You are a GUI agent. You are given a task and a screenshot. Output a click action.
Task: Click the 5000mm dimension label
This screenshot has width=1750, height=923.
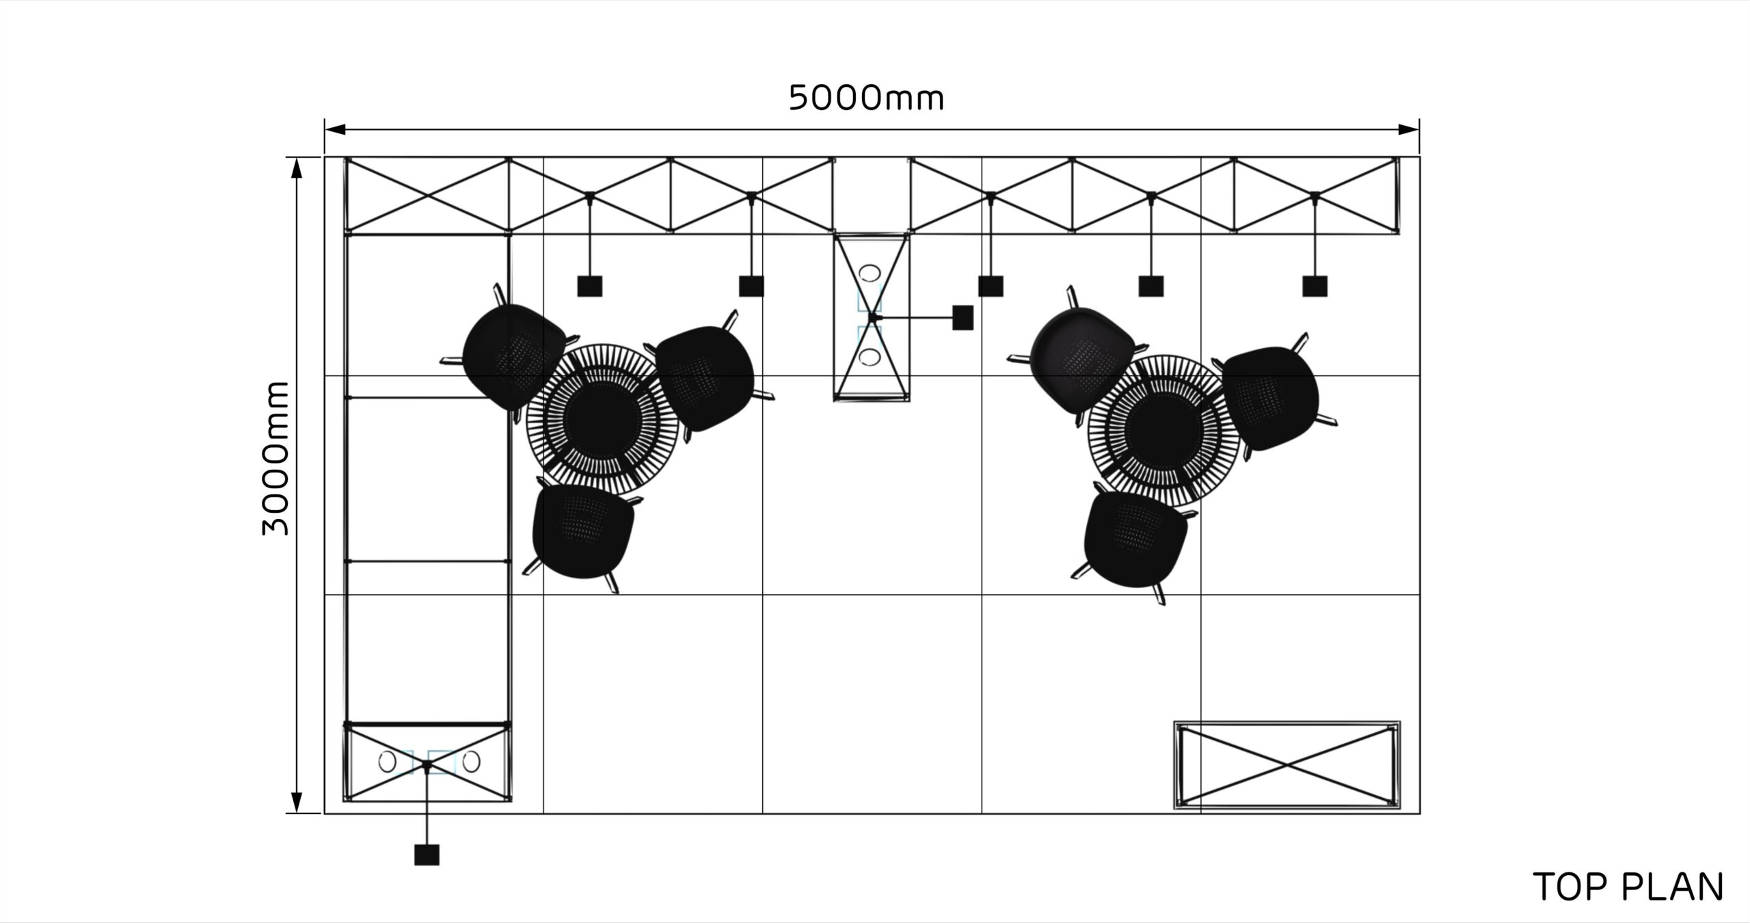[x=866, y=99]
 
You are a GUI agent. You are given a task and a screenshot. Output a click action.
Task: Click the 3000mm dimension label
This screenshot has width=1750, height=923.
[x=277, y=459]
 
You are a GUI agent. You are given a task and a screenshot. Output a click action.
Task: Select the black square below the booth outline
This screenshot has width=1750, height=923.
[x=427, y=855]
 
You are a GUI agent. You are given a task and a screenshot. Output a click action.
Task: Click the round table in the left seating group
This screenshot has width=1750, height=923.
[x=602, y=418]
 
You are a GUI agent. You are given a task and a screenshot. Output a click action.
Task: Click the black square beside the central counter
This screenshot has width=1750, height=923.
[x=962, y=318]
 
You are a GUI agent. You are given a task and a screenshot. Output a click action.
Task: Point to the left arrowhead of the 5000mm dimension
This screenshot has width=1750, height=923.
[x=335, y=129]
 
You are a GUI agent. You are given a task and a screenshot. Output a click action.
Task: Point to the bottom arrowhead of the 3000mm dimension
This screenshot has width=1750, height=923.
[x=297, y=803]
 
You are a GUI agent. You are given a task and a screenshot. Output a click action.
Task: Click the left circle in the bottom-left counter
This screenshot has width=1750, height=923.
[x=387, y=762]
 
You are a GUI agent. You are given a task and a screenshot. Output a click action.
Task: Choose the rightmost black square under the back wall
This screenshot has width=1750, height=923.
[x=1315, y=286]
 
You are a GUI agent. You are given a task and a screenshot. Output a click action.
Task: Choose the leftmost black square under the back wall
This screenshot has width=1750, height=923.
[x=589, y=286]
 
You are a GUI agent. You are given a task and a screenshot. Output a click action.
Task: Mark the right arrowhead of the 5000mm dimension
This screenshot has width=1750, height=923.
[x=1408, y=129]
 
